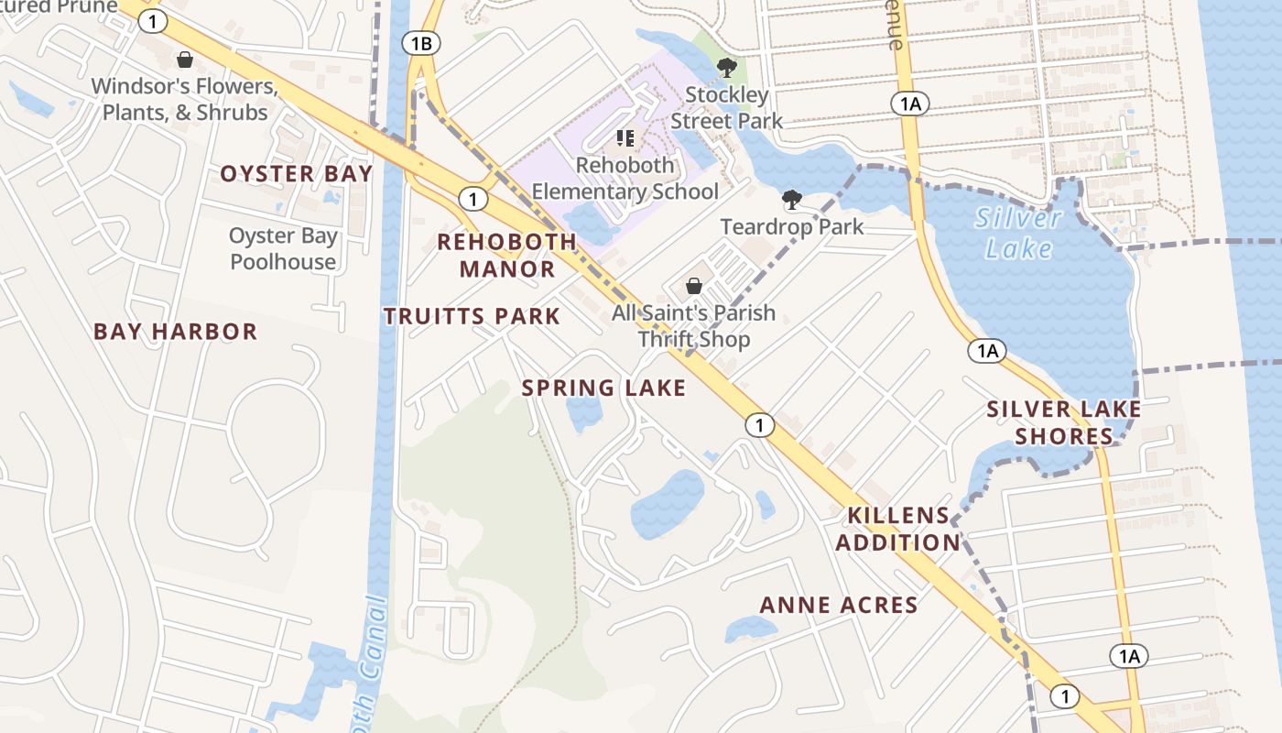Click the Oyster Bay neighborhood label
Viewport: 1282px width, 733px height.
297,174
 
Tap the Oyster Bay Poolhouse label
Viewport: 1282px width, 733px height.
283,249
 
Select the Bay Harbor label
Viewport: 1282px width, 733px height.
176,332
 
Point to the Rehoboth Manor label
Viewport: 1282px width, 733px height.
507,256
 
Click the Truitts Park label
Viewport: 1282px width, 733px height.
472,317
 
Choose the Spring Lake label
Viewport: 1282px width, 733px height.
603,388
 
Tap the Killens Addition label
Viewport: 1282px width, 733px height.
897,529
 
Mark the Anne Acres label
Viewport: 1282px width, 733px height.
839,605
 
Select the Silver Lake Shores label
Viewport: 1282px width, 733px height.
1064,422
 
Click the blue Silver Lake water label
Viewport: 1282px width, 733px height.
1018,233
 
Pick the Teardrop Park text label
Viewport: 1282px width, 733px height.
792,226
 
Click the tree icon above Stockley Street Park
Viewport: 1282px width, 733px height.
727,68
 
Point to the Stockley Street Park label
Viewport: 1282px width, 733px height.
727,108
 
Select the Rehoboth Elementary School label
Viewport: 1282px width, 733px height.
625,179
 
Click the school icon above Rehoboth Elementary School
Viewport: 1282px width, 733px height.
625,138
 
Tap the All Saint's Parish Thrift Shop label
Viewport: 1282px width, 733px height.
693,326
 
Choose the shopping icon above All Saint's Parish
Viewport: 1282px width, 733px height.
693,286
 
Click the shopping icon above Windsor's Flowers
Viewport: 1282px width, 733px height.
185,60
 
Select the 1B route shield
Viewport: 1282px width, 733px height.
421,43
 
